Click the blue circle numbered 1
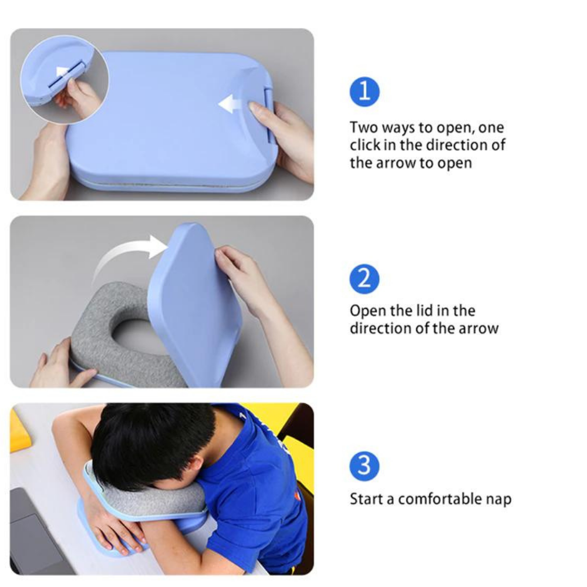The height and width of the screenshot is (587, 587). (x=365, y=92)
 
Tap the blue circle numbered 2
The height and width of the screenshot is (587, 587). (x=365, y=279)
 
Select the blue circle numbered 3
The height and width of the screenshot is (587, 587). (x=365, y=466)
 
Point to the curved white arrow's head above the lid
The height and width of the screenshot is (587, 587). (x=158, y=246)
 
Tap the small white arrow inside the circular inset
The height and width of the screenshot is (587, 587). (x=62, y=72)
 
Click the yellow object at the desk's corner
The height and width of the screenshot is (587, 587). (x=19, y=430)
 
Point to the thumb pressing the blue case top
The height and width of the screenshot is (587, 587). (x=258, y=110)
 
